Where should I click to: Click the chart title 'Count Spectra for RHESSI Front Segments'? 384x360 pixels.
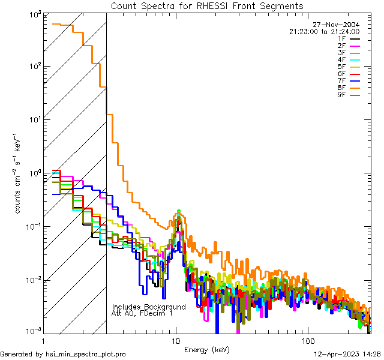tap(207, 6)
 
